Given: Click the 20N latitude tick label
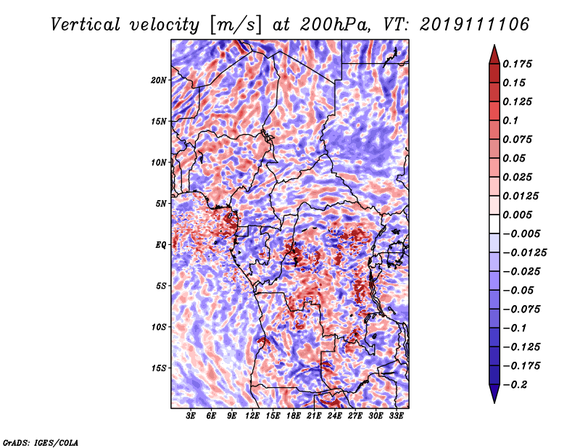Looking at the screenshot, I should click(x=159, y=80).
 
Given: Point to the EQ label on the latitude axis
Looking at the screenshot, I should click(x=161, y=244).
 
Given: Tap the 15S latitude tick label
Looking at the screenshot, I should click(x=159, y=368).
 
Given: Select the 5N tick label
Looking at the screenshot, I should click(x=161, y=203).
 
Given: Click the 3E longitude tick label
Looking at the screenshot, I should click(x=191, y=416).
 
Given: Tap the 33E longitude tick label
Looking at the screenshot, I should click(x=397, y=416).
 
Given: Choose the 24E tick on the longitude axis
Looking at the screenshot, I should click(x=335, y=416).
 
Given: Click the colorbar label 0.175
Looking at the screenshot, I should click(x=519, y=64).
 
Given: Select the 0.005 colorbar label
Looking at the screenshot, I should click(x=519, y=215).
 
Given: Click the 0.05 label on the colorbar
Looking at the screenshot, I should click(x=515, y=158).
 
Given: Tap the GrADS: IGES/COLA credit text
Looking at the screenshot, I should click(x=41, y=441).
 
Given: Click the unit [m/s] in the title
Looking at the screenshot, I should click(x=231, y=24).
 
